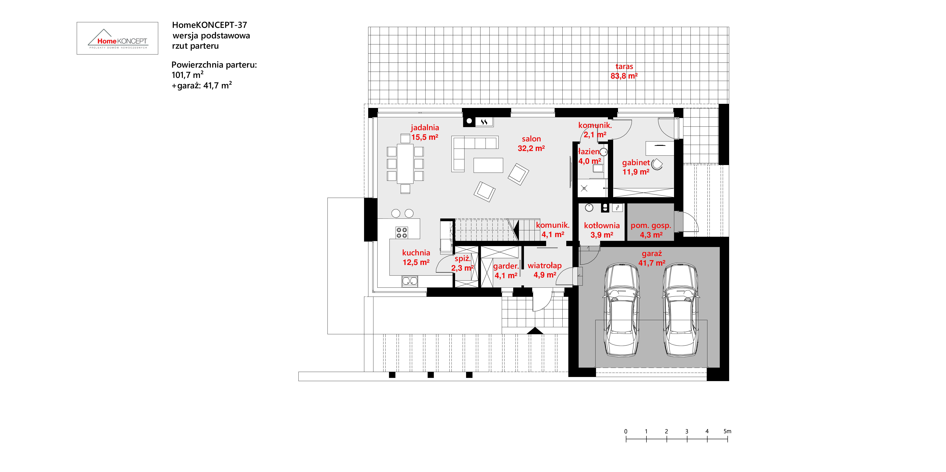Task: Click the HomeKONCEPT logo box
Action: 117,38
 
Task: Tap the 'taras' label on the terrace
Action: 624,66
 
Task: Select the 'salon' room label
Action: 531,139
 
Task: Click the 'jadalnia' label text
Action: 425,128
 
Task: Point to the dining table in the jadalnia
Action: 405,164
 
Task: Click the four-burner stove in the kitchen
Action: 402,233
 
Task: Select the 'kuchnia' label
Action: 416,253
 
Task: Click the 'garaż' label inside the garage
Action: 652,253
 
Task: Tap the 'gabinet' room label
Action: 636,163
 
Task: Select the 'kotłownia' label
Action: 602,226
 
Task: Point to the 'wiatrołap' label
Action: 545,266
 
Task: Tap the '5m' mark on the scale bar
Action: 728,431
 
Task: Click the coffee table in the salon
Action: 488,165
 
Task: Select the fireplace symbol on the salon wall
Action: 484,122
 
